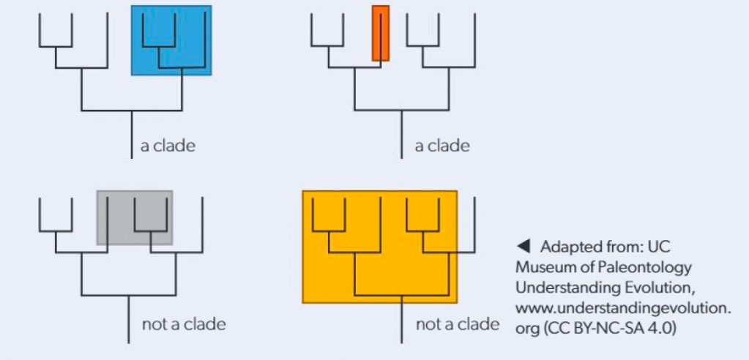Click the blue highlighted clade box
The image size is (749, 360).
point(171,40)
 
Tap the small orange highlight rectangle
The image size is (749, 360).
point(380,33)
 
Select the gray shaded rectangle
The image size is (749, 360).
point(135,217)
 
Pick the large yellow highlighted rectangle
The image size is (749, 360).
point(379,247)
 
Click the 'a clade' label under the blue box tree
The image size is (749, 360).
point(168,146)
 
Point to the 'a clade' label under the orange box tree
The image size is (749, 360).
point(442,146)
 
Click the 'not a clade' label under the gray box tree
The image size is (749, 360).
point(184,323)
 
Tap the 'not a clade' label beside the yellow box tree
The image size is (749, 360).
point(458,323)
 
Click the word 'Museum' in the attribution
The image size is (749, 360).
point(541,266)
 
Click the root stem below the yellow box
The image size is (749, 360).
point(401,323)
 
